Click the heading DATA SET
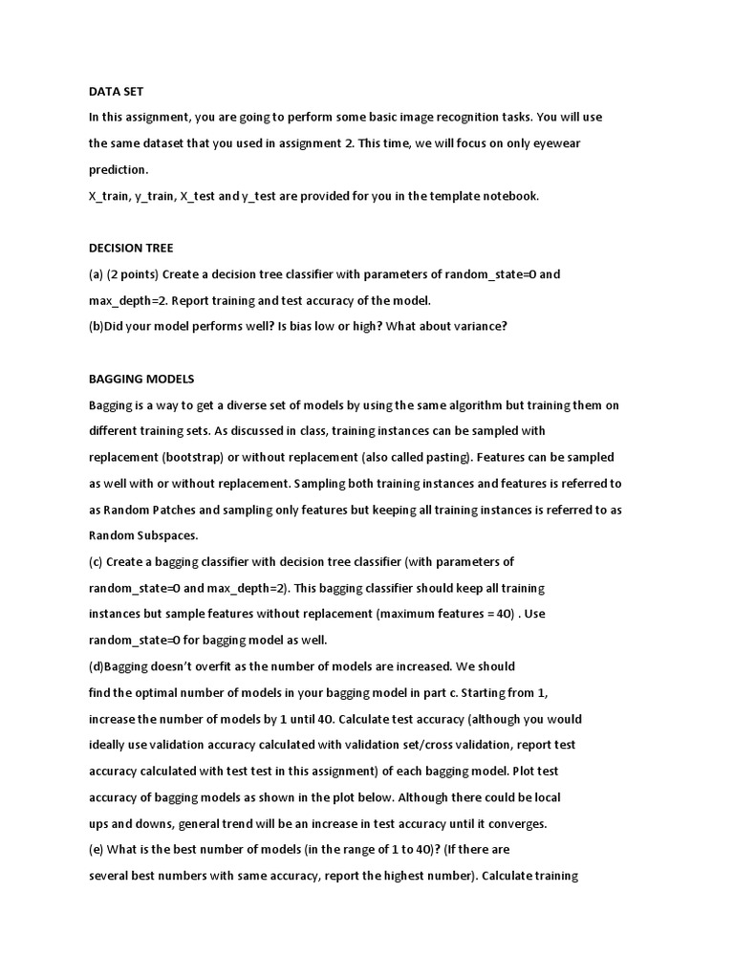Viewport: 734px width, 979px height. tap(116, 91)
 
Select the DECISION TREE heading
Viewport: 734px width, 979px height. tap(131, 248)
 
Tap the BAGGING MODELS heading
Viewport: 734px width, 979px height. tap(141, 379)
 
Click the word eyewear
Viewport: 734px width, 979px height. tap(555, 143)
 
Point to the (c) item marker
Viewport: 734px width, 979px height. tap(96, 561)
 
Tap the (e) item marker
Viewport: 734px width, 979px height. tap(96, 849)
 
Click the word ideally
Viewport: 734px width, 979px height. tap(110, 745)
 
